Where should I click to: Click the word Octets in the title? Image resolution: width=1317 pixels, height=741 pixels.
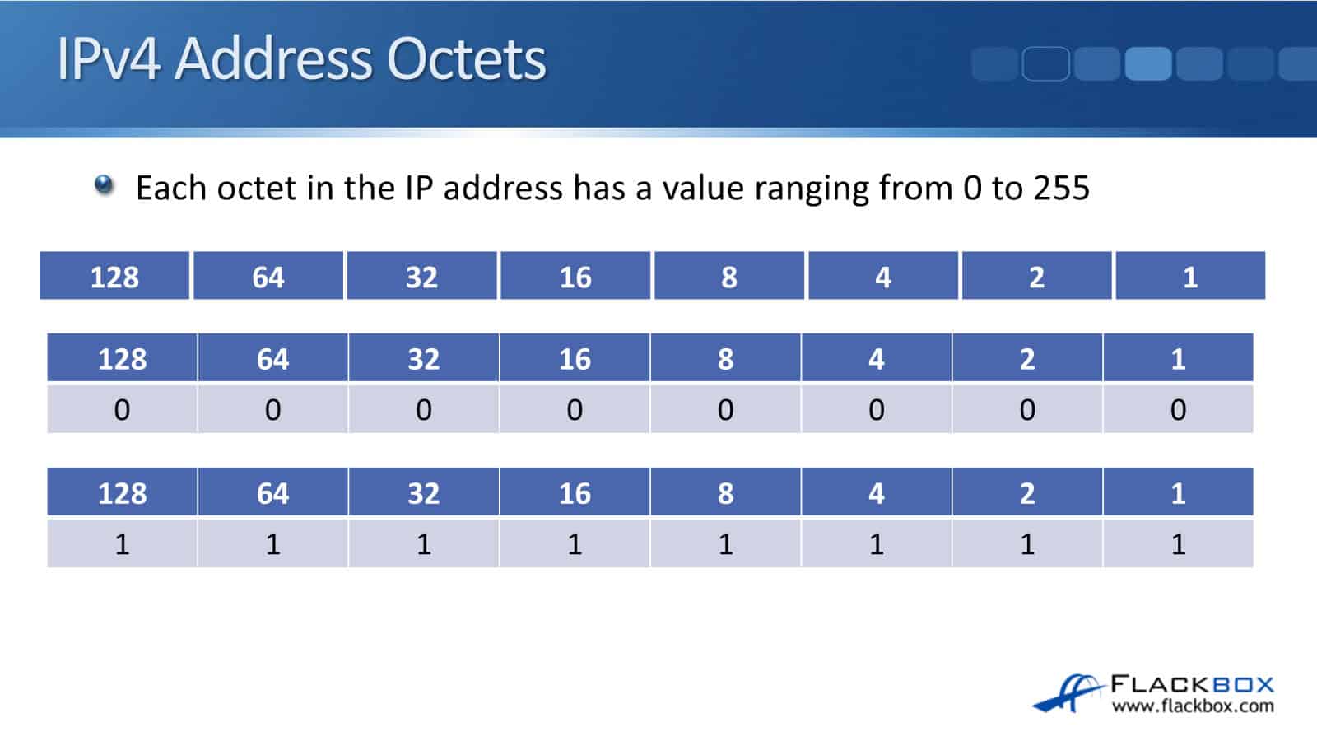tap(466, 59)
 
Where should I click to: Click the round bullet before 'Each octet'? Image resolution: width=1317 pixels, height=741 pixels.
tap(104, 184)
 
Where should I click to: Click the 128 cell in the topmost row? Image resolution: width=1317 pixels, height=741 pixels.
tap(114, 277)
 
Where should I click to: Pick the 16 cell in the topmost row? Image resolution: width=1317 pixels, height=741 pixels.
tap(575, 277)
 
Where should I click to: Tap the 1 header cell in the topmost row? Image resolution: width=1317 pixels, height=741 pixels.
tap(1189, 277)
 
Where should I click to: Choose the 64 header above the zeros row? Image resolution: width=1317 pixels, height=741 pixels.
tap(272, 359)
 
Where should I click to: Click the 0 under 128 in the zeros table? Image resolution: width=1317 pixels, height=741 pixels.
tap(122, 409)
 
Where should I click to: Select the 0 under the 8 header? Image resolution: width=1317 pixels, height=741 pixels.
tap(725, 409)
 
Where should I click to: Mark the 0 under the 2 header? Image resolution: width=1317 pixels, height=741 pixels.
tap(1027, 409)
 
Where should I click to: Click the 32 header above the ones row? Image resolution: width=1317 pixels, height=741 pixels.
tap(423, 493)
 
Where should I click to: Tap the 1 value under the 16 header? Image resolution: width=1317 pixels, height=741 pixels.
tap(575, 543)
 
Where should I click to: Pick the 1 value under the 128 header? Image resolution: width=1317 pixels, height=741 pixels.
tap(122, 543)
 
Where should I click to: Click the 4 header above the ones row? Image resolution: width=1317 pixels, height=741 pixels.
tap(876, 493)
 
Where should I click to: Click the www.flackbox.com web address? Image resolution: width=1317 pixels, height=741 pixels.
tap(1192, 706)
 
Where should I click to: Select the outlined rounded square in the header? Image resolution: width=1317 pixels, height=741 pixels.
tap(1045, 63)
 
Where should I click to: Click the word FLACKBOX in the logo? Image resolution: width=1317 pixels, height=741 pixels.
tap(1192, 684)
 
